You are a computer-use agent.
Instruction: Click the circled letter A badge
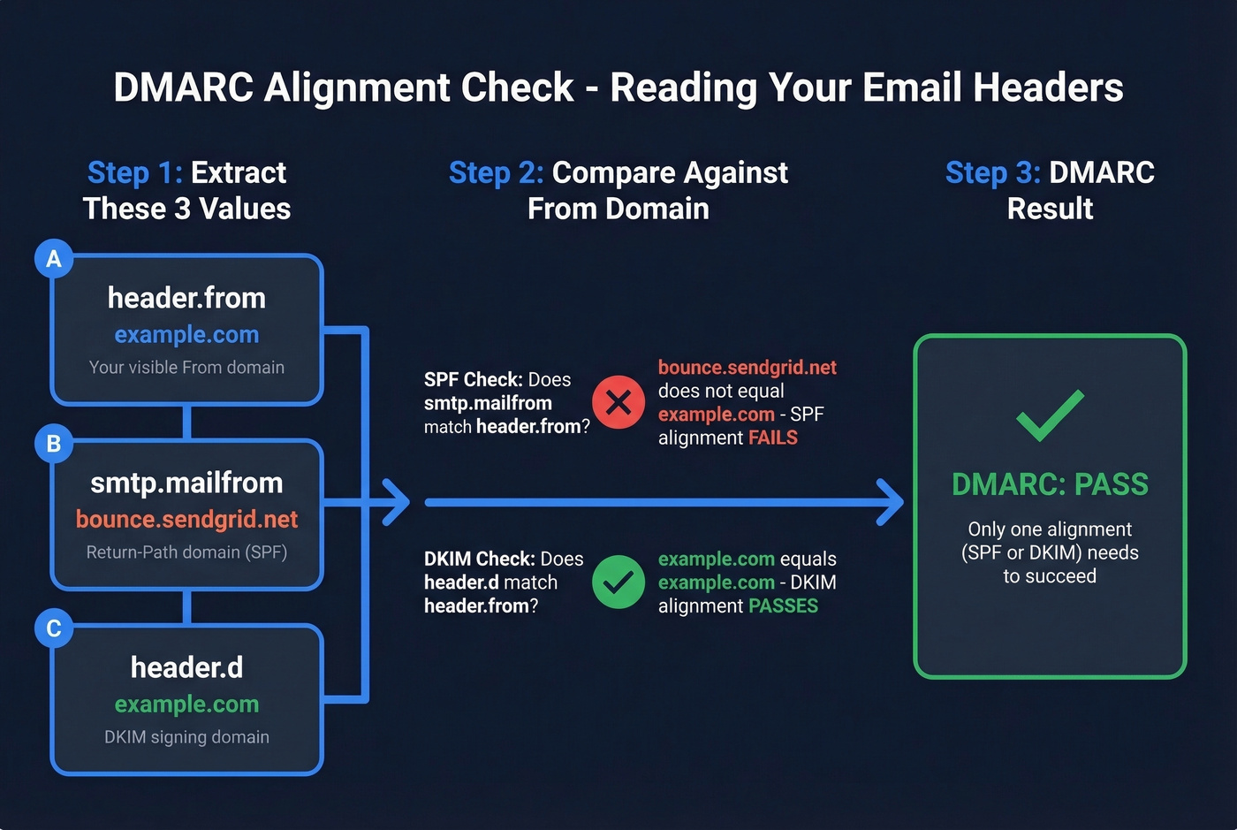(x=54, y=259)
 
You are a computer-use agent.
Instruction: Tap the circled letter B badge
(x=54, y=443)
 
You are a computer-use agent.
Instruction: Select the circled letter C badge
(x=54, y=628)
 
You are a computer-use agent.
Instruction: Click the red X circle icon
(x=618, y=402)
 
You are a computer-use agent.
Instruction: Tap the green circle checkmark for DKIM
(x=618, y=582)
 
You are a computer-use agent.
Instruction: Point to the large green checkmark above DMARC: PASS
(x=1050, y=415)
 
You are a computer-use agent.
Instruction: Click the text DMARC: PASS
(x=1050, y=484)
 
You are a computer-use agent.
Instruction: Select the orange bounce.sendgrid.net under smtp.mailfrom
(x=186, y=519)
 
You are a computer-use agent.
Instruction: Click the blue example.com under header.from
(x=186, y=335)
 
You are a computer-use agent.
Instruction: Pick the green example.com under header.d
(x=186, y=704)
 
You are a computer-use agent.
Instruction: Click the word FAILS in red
(x=773, y=438)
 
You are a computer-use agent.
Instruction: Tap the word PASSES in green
(x=783, y=605)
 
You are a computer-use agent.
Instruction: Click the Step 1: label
(x=135, y=172)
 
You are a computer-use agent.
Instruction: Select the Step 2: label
(x=496, y=172)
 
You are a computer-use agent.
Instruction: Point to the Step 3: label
(x=992, y=172)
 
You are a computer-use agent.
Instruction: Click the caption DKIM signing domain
(x=186, y=736)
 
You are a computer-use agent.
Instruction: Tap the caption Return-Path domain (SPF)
(x=186, y=552)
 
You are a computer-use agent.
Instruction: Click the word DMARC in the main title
(x=184, y=88)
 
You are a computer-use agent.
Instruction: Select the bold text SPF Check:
(x=473, y=379)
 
